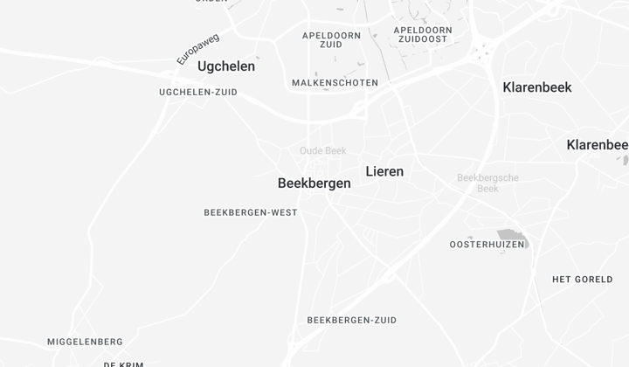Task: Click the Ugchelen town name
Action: click(226, 66)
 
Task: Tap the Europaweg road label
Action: click(197, 49)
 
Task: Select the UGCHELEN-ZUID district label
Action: click(198, 92)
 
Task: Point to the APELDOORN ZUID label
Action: click(331, 39)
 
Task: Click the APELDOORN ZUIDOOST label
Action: click(423, 34)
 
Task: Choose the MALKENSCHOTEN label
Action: click(335, 83)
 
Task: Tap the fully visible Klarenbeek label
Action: click(537, 87)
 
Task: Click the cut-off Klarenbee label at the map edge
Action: click(598, 145)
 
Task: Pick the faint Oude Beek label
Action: click(323, 151)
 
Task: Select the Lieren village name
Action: click(384, 171)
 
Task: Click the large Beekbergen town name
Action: click(314, 183)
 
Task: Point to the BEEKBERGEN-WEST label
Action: click(251, 212)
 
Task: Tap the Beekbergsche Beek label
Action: click(488, 183)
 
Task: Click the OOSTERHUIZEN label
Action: click(487, 245)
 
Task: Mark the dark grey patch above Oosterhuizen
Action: click(513, 236)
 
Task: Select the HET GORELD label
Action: click(583, 280)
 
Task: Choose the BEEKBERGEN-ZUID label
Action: click(352, 321)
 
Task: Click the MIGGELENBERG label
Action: click(85, 342)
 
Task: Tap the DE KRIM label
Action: click(123, 364)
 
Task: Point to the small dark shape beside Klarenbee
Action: click(626, 160)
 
